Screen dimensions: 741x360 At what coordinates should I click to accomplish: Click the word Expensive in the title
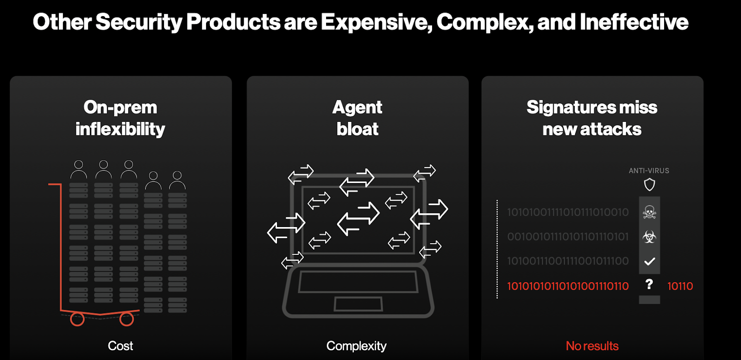pyautogui.click(x=377, y=22)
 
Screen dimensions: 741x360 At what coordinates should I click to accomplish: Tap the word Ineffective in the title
pyautogui.click(x=634, y=22)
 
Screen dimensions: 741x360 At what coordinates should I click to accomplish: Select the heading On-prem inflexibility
pyautogui.click(x=120, y=118)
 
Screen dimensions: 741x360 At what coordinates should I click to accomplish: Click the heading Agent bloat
pyautogui.click(x=357, y=118)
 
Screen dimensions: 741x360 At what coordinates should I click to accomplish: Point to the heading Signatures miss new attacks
pyautogui.click(x=592, y=118)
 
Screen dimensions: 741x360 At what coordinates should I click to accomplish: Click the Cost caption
pyautogui.click(x=120, y=346)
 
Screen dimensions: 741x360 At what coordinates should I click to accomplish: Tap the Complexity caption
pyautogui.click(x=356, y=346)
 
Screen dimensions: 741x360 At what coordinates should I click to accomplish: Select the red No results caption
pyautogui.click(x=592, y=346)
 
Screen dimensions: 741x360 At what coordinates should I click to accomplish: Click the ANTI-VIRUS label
pyautogui.click(x=649, y=171)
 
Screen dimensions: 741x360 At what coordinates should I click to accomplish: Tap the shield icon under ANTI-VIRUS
pyautogui.click(x=649, y=184)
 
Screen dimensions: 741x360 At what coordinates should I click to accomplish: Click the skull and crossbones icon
pyautogui.click(x=649, y=212)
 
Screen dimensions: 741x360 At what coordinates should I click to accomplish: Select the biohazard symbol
pyautogui.click(x=649, y=237)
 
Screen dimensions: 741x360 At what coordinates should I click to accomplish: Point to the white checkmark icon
pyautogui.click(x=650, y=261)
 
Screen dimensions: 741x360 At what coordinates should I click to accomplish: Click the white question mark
pyautogui.click(x=649, y=284)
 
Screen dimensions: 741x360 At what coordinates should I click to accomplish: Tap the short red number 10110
pyautogui.click(x=680, y=286)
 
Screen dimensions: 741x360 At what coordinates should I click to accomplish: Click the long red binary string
pyautogui.click(x=568, y=286)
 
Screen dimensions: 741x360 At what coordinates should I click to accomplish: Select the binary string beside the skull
pyautogui.click(x=568, y=212)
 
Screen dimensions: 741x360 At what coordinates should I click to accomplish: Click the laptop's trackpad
pyautogui.click(x=358, y=304)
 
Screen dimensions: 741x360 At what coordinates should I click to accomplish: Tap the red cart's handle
pyautogui.click(x=55, y=184)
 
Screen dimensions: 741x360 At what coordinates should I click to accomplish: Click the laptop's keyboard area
pyautogui.click(x=358, y=282)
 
